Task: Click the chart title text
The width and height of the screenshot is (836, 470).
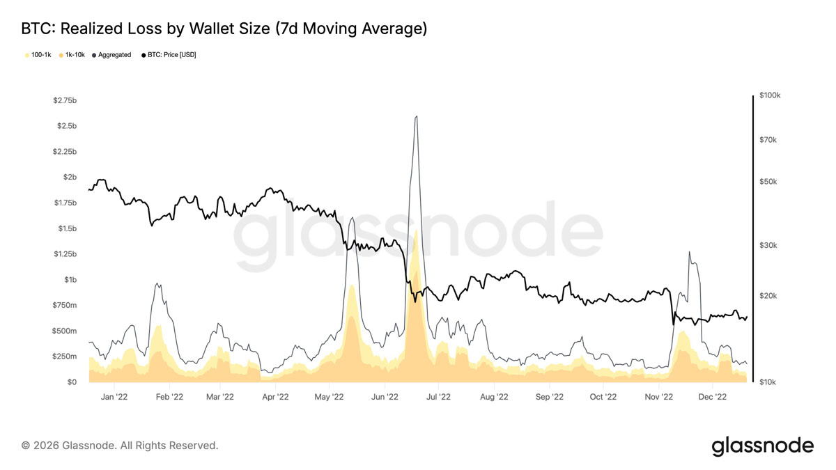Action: tap(224, 29)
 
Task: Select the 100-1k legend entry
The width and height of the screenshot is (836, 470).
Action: tap(38, 55)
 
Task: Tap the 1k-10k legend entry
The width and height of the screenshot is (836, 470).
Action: tap(72, 55)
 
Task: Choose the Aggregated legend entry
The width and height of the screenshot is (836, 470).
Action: tap(111, 55)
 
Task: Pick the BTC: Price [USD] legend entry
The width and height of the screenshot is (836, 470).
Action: tap(169, 55)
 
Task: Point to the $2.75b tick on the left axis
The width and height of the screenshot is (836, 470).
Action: tap(65, 100)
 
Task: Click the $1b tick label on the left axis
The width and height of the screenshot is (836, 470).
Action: tap(70, 280)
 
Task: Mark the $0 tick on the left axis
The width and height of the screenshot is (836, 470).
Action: tap(72, 382)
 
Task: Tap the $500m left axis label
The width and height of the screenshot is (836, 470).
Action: tap(65, 331)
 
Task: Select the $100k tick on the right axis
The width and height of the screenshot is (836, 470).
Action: tap(770, 95)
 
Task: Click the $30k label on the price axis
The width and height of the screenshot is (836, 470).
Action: tap(768, 245)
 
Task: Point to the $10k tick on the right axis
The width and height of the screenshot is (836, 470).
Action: tap(768, 382)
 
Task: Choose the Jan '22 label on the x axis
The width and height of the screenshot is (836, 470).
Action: tap(114, 397)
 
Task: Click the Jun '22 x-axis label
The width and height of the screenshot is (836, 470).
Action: tap(385, 397)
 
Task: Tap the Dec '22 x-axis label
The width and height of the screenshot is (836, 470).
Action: tap(713, 397)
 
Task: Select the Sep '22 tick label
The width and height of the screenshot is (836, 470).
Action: tap(550, 397)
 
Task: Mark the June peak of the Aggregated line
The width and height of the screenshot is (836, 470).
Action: tap(416, 116)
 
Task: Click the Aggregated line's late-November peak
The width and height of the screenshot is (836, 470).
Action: tap(689, 252)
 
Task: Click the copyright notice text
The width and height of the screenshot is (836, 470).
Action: tap(120, 446)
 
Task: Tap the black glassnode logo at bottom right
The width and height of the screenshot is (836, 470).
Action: tap(762, 446)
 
